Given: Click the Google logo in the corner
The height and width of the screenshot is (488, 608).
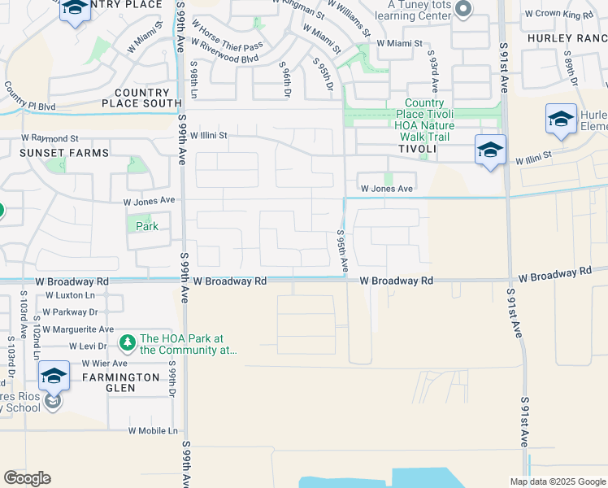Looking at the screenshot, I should [x=28, y=478].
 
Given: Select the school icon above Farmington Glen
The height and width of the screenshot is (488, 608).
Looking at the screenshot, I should [x=54, y=376].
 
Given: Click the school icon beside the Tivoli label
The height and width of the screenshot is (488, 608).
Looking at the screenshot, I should [x=490, y=150].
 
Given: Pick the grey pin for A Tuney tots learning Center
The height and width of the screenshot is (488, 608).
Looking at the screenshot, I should [x=463, y=10].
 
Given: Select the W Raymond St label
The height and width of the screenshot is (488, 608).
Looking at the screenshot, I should [x=50, y=139].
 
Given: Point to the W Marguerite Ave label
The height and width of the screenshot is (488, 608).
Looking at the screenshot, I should [x=78, y=329].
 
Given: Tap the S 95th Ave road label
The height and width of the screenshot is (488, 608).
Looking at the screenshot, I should [x=343, y=251].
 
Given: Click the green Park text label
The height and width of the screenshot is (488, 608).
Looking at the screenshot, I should [x=146, y=226].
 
